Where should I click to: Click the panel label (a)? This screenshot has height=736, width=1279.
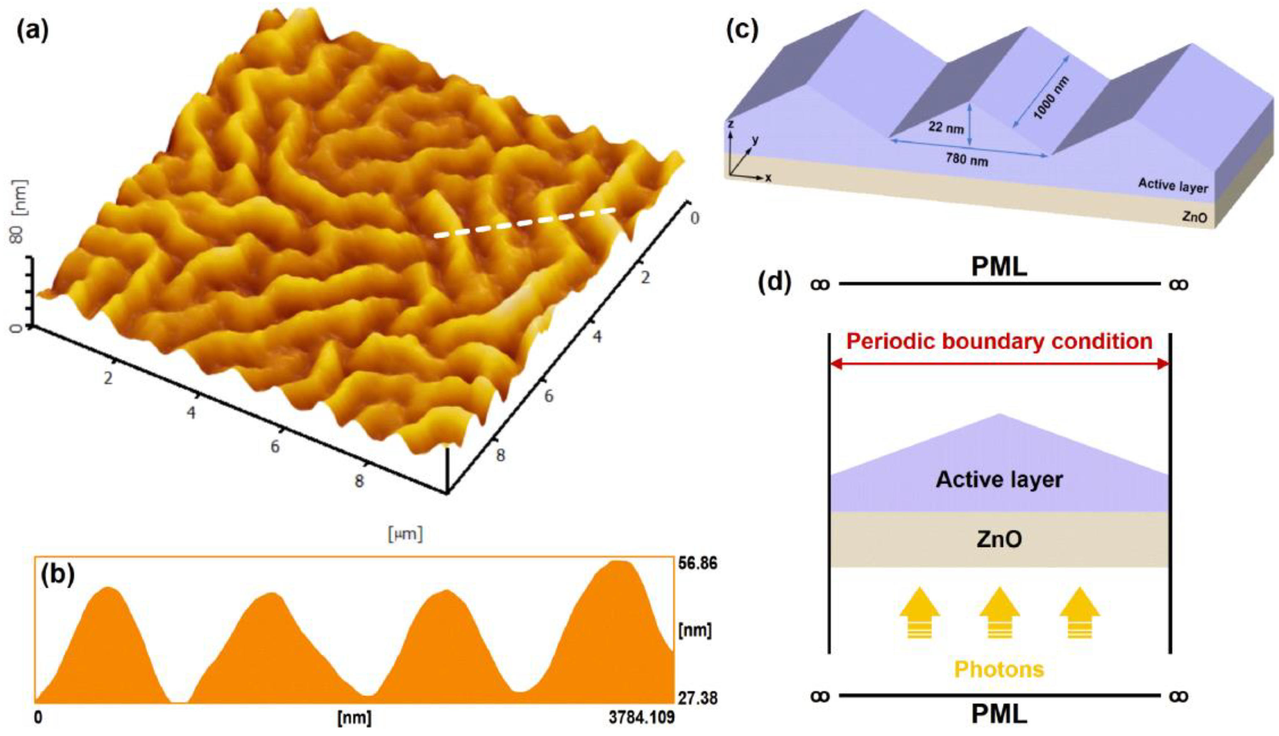32,31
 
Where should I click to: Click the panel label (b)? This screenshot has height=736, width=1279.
59,575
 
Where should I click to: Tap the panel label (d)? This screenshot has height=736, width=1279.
774,284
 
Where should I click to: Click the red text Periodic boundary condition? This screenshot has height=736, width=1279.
999,342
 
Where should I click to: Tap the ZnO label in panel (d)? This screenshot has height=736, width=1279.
999,539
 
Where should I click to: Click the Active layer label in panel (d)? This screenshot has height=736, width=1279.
999,479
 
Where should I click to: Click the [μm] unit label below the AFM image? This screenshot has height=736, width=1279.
406,534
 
